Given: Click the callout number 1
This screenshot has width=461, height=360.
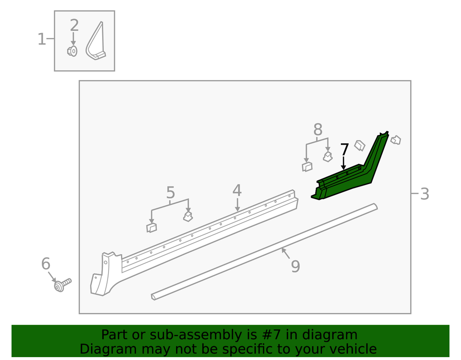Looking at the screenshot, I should (42, 39).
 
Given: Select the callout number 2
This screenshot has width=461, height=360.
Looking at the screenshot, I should (74, 25).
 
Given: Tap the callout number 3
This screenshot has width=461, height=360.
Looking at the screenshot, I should (424, 194).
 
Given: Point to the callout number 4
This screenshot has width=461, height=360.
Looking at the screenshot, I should (237, 190).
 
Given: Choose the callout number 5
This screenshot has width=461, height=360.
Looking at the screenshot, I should (170, 193).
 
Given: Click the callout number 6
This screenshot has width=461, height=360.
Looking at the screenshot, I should (46, 263).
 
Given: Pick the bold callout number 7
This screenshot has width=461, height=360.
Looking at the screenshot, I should (344, 149).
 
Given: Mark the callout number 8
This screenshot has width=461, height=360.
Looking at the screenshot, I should (317, 129).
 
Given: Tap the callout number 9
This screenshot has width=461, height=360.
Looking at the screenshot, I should (295, 266).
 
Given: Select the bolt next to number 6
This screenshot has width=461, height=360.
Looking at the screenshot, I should (62, 285).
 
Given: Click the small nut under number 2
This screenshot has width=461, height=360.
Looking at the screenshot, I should (72, 51).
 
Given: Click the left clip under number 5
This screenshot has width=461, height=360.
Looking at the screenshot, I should (151, 227).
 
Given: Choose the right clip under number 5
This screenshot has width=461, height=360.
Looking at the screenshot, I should (188, 217).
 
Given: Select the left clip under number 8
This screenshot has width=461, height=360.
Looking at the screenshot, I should (307, 166).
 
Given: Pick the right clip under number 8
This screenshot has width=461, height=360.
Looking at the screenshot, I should (328, 156).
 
